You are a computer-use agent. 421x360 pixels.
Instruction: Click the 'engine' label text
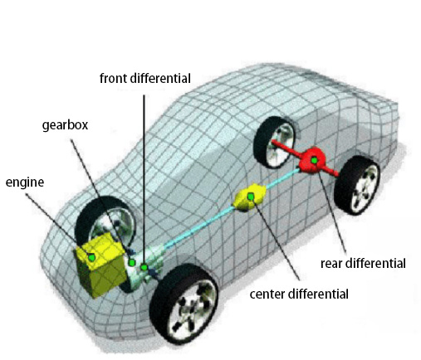coord(25,182)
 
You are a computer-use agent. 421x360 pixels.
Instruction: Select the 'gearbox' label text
coord(65,125)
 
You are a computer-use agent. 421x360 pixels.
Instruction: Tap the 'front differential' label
coord(145,78)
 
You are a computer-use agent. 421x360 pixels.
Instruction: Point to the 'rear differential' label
coord(363,263)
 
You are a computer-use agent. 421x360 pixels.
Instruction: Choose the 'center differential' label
coord(299,294)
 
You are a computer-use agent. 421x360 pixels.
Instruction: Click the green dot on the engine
coord(91,257)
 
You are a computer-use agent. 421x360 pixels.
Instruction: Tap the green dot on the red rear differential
coord(314,160)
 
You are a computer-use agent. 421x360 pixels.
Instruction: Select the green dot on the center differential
coord(251,197)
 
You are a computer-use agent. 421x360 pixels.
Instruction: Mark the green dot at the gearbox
coord(132,262)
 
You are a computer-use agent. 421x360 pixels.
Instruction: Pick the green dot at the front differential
coord(144,267)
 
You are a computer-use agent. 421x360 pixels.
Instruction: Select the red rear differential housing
coord(312,161)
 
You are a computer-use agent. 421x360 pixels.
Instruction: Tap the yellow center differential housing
coord(250,197)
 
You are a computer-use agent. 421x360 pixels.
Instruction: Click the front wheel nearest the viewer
coord(184,304)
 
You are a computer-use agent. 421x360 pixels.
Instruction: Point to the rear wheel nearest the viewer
coord(357,185)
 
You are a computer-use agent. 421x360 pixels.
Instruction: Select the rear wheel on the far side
coord(274,143)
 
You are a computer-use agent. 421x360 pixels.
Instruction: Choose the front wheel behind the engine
coord(106,218)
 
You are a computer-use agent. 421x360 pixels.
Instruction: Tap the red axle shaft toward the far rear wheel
coord(286,148)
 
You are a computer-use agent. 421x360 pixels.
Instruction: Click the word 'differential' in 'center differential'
coord(318,294)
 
